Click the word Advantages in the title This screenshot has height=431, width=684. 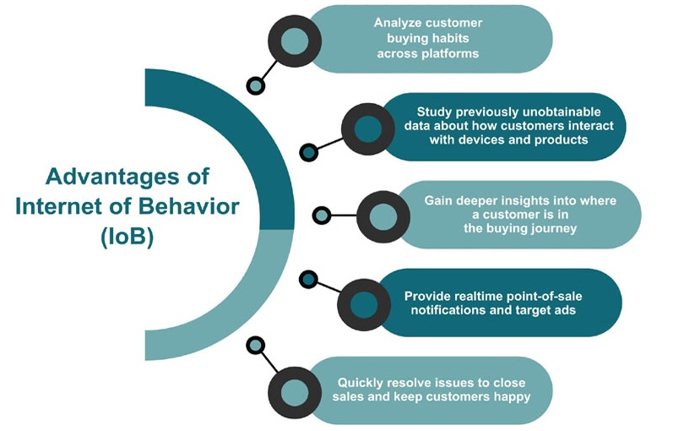[x=112, y=177]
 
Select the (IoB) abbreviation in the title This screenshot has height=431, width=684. [x=128, y=237]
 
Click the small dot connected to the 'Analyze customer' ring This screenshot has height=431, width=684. [x=256, y=85]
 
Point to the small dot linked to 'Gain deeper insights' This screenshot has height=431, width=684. [x=322, y=215]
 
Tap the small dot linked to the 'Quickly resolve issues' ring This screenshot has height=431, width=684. [x=256, y=346]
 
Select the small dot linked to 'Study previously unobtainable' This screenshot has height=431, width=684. [x=309, y=152]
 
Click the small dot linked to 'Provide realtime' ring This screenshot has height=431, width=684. [x=308, y=280]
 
